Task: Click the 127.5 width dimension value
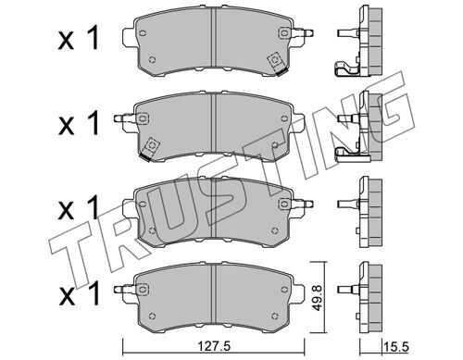pyautogui.click(x=213, y=346)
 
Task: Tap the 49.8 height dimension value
pyautogui.click(x=318, y=298)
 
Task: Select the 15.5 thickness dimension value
pyautogui.click(x=396, y=347)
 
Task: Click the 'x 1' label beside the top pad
pyautogui.click(x=79, y=38)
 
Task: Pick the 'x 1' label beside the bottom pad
pyautogui.click(x=80, y=292)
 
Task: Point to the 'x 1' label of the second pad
pyautogui.click(x=79, y=123)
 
